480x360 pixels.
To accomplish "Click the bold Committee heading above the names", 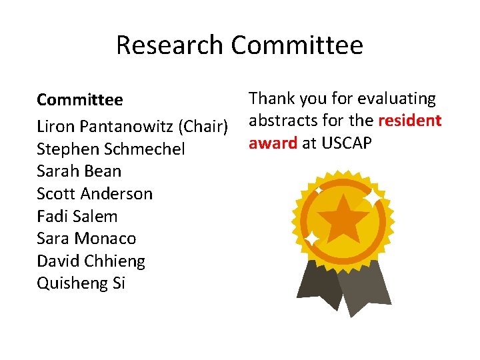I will [x=80, y=100].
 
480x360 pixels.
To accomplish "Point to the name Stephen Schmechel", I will [x=111, y=149].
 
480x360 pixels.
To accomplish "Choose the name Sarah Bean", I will [x=79, y=171].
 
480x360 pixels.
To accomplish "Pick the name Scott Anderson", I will [x=95, y=194].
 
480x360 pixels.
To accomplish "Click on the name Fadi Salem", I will [x=77, y=216].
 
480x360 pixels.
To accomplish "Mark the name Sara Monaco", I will [x=86, y=239].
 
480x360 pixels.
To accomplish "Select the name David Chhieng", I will [x=91, y=261].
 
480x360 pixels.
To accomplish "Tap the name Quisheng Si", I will [x=81, y=283].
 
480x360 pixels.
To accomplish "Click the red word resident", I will [x=409, y=121].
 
